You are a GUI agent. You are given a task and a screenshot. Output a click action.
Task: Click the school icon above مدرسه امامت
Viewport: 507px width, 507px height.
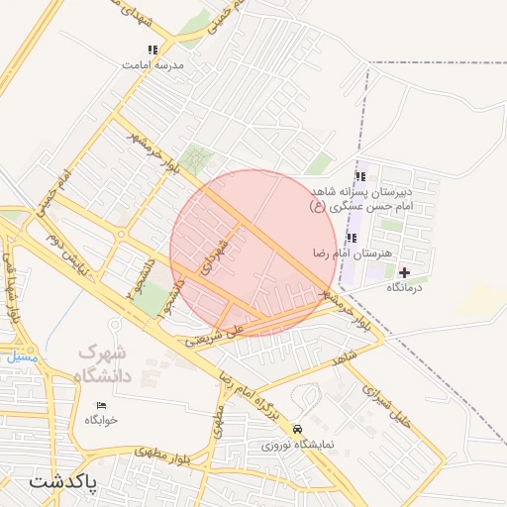click(152, 49)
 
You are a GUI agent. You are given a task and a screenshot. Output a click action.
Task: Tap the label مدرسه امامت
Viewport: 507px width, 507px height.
click(153, 64)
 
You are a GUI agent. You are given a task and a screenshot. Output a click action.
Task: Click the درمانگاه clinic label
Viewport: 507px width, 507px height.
click(404, 287)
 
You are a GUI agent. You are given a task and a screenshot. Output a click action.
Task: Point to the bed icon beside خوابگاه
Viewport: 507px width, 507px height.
click(101, 405)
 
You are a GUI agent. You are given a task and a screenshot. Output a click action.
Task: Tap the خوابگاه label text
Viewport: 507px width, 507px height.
click(101, 420)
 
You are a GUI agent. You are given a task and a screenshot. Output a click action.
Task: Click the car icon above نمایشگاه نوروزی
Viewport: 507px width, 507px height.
click(298, 430)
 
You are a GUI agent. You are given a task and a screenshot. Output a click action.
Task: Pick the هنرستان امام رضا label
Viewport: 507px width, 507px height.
click(353, 253)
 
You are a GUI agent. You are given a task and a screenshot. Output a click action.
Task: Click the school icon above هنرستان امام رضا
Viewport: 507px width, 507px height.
click(353, 238)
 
